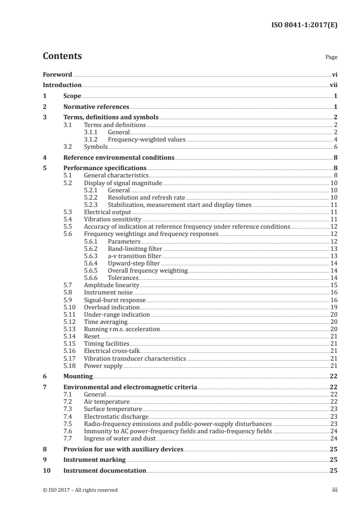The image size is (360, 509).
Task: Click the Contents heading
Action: click(x=62, y=56)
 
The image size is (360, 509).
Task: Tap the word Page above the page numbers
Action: click(x=331, y=58)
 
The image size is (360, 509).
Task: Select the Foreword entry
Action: click(x=57, y=74)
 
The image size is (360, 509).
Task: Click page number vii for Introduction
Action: click(x=334, y=85)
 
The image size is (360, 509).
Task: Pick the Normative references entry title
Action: click(x=96, y=107)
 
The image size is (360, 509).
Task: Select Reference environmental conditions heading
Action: click(x=119, y=158)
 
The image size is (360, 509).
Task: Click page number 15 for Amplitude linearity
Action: click(x=333, y=285)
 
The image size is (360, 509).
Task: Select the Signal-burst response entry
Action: click(x=115, y=300)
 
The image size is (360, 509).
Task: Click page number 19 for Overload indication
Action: click(x=333, y=307)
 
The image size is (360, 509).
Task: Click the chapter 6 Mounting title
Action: click(x=78, y=377)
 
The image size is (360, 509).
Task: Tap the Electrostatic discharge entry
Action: click(x=116, y=416)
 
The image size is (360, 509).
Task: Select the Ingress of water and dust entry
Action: click(x=120, y=438)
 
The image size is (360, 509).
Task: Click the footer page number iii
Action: click(x=335, y=490)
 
